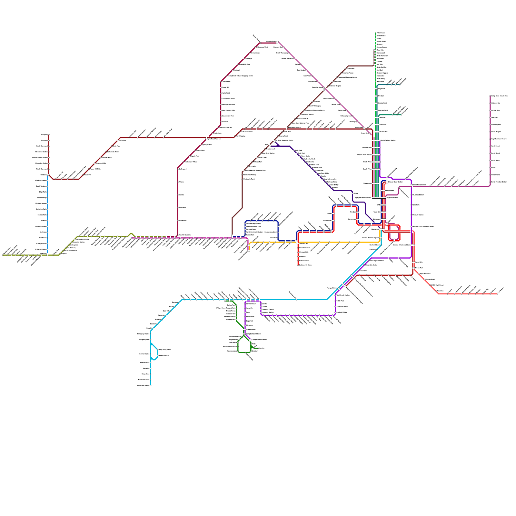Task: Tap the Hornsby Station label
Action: (x=271, y=42)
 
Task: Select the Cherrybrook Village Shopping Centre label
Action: (x=240, y=76)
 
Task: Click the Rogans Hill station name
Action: (x=225, y=87)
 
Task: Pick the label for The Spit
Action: (x=381, y=96)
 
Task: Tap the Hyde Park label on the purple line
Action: (x=416, y=205)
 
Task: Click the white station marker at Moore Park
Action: (x=413, y=268)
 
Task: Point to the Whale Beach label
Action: (x=381, y=36)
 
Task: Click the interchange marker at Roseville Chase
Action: (x=324, y=88)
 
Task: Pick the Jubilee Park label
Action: (x=327, y=221)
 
